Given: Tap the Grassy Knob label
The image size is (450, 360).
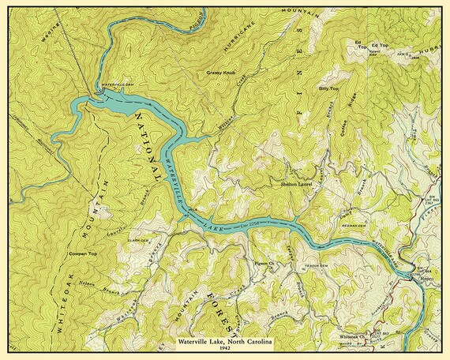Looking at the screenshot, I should (x=221, y=73).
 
